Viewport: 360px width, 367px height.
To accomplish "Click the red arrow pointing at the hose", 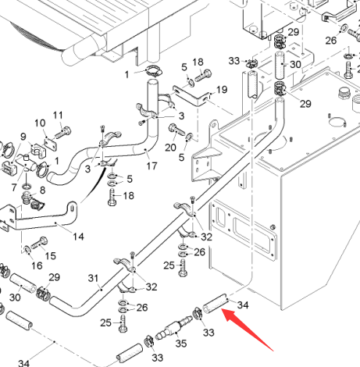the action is [x=247, y=330].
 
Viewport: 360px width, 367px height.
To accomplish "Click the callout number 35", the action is [x=181, y=344].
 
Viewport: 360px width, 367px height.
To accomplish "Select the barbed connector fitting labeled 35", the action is [x=173, y=326].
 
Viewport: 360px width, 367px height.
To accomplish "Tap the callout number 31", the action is [x=93, y=278].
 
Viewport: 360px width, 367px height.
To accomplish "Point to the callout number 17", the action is [x=151, y=166].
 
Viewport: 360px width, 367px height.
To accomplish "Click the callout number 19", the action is [x=222, y=90].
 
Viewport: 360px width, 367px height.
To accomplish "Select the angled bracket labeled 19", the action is [x=192, y=95].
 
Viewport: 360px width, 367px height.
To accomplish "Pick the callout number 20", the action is [x=170, y=148].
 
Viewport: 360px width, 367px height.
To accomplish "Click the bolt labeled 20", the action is [x=176, y=130].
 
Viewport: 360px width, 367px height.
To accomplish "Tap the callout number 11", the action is [x=58, y=115].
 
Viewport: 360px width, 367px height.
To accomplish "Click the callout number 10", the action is [x=40, y=123].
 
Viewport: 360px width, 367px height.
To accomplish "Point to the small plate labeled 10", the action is [x=50, y=144].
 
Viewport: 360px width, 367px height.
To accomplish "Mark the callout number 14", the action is [x=78, y=237].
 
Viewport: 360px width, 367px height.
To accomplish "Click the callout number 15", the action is [x=51, y=255].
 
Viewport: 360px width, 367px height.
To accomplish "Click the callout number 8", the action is [x=42, y=190].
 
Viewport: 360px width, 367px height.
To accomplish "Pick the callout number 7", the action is [x=14, y=187].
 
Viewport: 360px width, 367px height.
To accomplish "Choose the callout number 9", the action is [x=23, y=137].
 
